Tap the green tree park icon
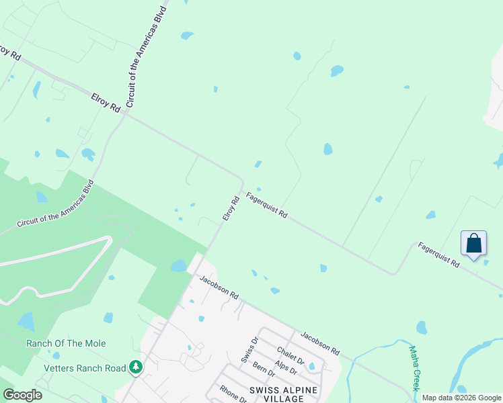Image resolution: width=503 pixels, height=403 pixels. click(137, 367)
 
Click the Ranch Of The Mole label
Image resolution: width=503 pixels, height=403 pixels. click(66, 343)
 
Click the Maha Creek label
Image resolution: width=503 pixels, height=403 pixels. click(416, 368)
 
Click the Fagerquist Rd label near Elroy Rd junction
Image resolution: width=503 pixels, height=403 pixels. click(267, 206)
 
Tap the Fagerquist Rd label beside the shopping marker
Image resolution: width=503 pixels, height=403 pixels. click(438, 256)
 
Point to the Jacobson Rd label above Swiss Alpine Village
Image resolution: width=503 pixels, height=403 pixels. click(320, 343)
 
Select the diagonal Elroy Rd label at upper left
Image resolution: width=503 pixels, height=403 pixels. click(106, 101)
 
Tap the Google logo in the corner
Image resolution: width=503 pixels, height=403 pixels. click(22, 395)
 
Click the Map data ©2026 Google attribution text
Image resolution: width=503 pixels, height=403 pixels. click(461, 398)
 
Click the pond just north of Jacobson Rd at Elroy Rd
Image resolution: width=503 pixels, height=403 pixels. click(178, 266)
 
